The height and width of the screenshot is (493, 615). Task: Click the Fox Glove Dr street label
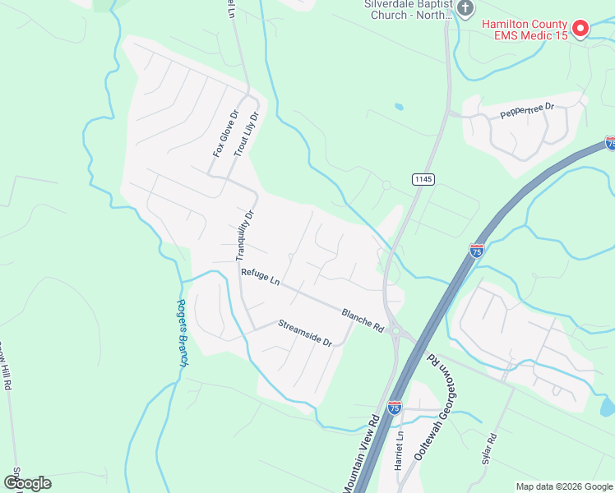[224, 133]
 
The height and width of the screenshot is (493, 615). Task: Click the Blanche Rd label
[363, 320]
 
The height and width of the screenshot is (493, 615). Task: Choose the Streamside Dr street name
[304, 333]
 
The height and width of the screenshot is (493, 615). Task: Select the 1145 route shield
[423, 179]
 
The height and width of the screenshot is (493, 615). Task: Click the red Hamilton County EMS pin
[580, 30]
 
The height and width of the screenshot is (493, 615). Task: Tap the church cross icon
[465, 9]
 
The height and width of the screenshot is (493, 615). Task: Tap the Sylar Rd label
[486, 448]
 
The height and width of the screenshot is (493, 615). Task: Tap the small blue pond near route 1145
[400, 107]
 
